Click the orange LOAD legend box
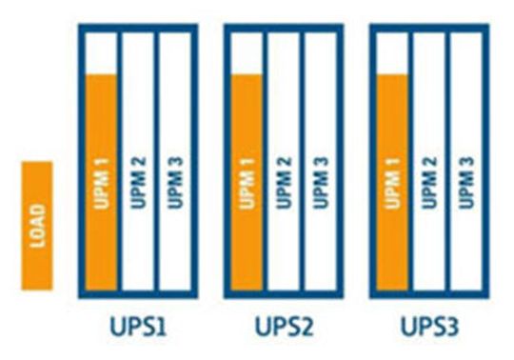[37, 225]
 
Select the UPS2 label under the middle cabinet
[282, 329]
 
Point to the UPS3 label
[428, 329]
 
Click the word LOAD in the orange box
[38, 225]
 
